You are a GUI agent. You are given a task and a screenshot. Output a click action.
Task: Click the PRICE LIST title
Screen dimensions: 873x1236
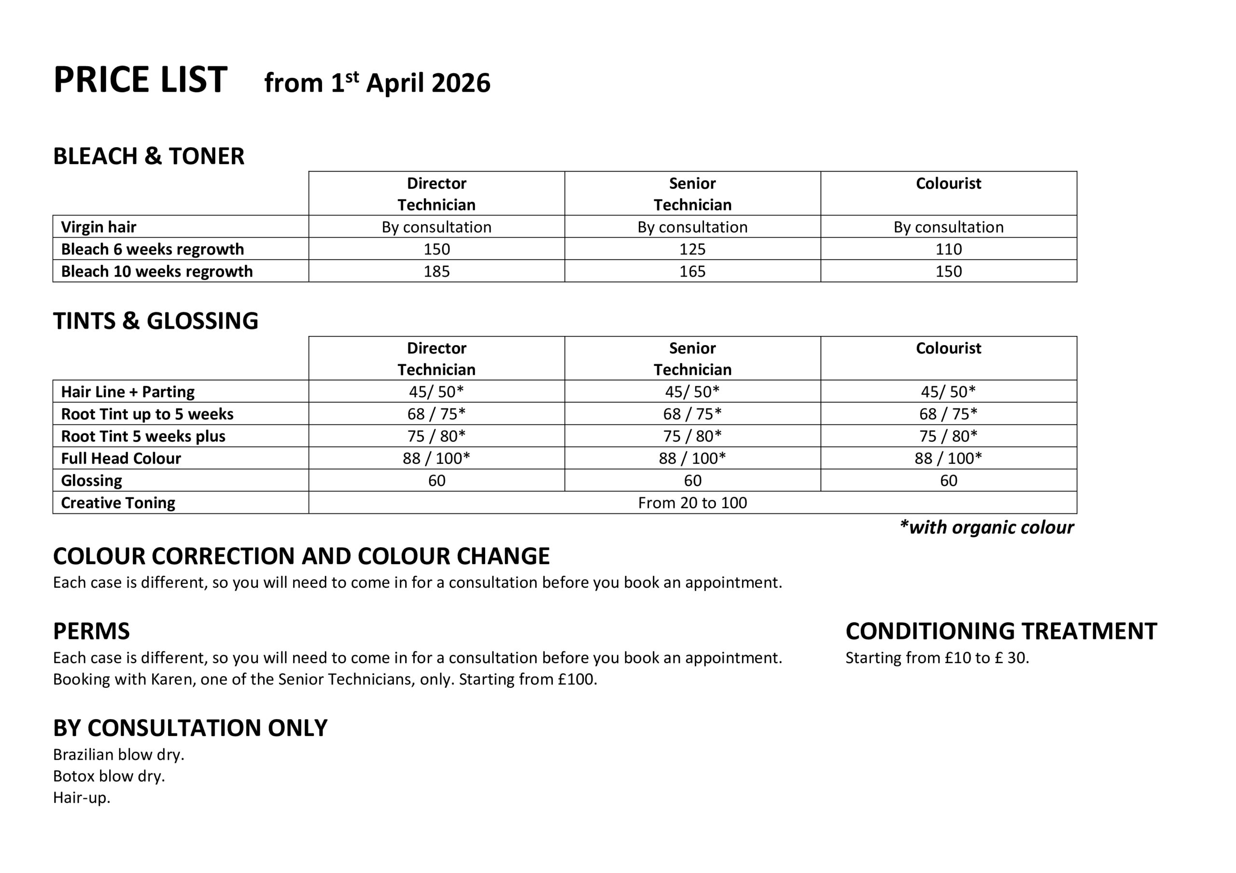pos(140,80)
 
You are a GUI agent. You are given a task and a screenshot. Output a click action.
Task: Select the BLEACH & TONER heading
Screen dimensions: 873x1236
pos(149,156)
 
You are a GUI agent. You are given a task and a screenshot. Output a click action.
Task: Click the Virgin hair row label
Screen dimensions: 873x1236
pos(98,227)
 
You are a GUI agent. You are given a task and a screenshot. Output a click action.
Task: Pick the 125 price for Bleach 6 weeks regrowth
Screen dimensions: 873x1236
pos(692,249)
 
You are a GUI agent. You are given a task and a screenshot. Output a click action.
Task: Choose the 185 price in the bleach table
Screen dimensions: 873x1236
pos(436,271)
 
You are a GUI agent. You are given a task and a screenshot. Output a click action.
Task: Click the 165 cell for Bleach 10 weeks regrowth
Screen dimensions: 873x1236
pos(692,271)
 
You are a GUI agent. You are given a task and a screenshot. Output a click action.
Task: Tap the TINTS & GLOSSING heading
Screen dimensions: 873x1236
pos(155,321)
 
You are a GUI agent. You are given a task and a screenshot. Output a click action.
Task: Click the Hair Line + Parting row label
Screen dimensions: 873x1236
pos(127,392)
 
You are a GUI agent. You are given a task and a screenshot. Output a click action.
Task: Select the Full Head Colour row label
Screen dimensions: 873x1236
pos(121,458)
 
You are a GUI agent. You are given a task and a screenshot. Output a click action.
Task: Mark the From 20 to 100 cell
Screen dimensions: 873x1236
pos(692,503)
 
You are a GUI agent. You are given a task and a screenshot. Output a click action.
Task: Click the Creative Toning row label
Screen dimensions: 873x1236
pos(118,503)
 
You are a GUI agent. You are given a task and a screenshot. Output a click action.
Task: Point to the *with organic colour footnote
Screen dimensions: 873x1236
pos(986,527)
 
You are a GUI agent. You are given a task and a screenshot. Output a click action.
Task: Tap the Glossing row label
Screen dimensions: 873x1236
pos(92,481)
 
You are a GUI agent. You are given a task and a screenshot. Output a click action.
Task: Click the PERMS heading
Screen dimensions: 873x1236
pos(92,631)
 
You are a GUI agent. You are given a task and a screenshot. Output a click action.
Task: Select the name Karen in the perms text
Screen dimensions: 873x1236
pos(167,679)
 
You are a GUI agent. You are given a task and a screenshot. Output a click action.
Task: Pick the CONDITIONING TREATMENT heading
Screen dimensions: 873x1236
pos(1001,631)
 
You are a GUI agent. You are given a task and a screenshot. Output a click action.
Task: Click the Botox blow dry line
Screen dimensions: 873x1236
pos(109,776)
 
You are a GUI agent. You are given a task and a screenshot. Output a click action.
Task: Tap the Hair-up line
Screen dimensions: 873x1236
pos(81,798)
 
